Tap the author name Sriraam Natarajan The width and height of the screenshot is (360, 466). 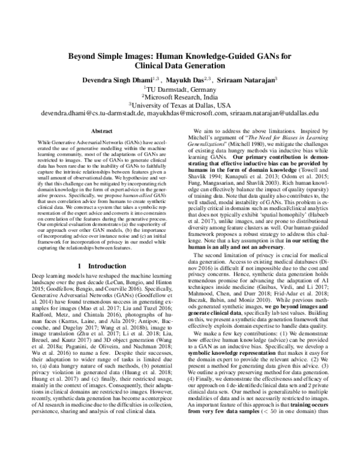click(247, 78)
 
